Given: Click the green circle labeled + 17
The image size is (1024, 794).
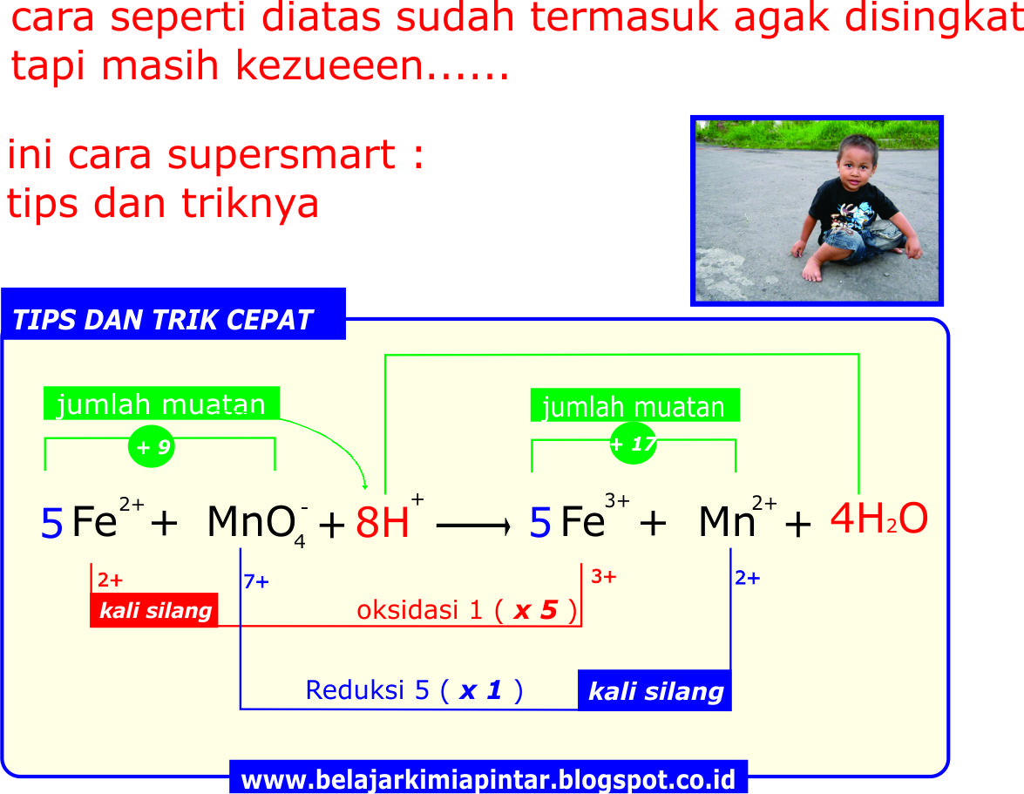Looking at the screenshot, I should [633, 444].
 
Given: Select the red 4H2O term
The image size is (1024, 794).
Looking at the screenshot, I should [878, 519].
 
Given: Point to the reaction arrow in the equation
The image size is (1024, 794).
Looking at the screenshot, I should [472, 526].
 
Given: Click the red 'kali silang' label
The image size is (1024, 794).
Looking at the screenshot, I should [154, 610].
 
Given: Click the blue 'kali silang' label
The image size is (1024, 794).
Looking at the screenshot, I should [654, 691].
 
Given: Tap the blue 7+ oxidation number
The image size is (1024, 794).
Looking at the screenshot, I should [256, 582].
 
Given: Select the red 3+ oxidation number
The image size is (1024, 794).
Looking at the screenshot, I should [603, 576].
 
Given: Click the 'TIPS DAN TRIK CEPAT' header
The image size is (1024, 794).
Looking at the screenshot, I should [163, 320].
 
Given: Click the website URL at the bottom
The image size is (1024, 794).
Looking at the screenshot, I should [488, 777].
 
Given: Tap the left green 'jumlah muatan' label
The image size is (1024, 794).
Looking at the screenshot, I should [161, 404].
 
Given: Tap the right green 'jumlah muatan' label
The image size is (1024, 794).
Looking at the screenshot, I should [634, 407].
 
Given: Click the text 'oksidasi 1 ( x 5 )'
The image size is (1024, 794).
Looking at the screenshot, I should [466, 610].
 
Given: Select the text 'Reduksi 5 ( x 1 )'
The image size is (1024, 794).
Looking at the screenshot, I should [414, 690].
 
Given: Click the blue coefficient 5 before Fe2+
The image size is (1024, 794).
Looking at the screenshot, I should [52, 524].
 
